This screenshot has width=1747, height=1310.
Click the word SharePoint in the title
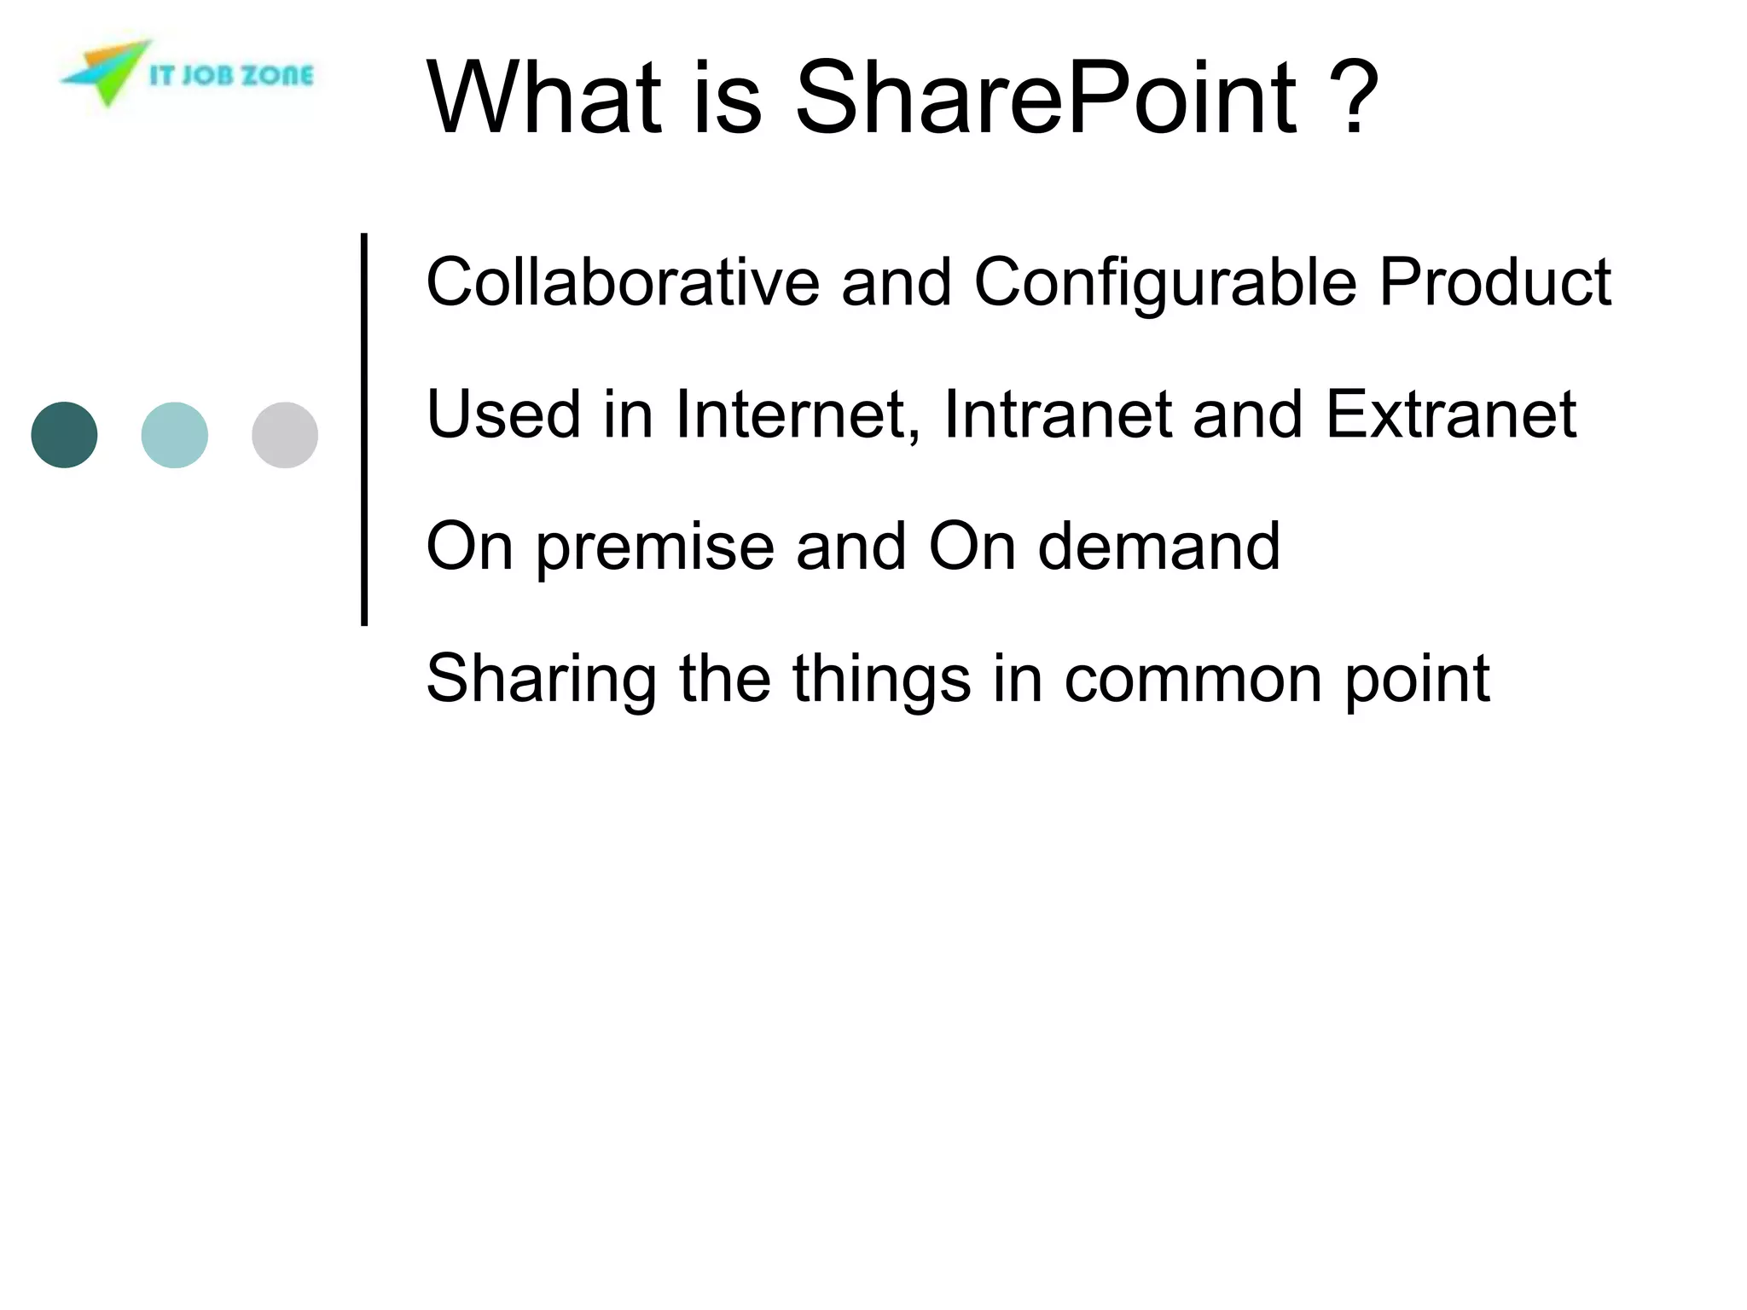coord(1046,98)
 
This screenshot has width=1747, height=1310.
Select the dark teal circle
coord(64,435)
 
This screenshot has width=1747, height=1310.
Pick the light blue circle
coord(174,435)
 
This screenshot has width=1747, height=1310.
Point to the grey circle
coord(285,435)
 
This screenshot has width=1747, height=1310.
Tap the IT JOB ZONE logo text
coord(230,76)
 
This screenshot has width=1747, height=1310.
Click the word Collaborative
coord(623,282)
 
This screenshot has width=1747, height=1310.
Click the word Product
coord(1495,282)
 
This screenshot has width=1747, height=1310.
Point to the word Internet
coord(798,415)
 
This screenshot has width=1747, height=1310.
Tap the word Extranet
coord(1450,415)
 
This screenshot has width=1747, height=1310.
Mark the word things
coord(881,681)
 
